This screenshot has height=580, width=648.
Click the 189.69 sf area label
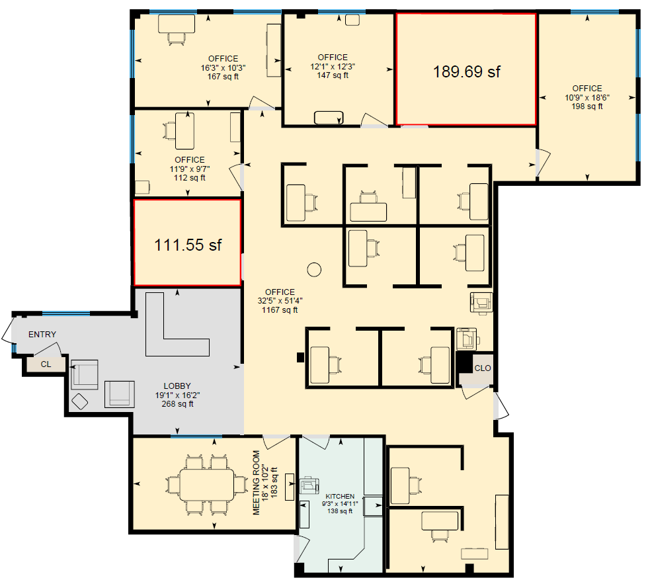(466, 71)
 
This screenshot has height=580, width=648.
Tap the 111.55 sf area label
(188, 245)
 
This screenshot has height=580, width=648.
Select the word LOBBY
(177, 386)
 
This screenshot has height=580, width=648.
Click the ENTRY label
(42, 335)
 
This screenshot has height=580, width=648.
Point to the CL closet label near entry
(46, 364)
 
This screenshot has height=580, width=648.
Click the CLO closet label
(483, 368)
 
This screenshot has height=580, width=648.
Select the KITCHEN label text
(340, 496)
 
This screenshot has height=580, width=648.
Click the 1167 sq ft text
(280, 309)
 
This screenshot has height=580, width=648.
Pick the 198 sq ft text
(587, 106)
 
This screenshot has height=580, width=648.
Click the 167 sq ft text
(223, 77)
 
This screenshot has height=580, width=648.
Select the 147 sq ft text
(333, 75)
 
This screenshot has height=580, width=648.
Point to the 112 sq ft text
(190, 177)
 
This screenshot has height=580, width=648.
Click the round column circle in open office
(313, 270)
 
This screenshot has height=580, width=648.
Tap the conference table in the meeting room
(208, 485)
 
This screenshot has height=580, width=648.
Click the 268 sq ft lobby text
(177, 404)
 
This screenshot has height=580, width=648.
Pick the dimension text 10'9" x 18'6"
(587, 97)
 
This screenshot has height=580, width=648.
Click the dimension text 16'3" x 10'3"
(223, 68)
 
